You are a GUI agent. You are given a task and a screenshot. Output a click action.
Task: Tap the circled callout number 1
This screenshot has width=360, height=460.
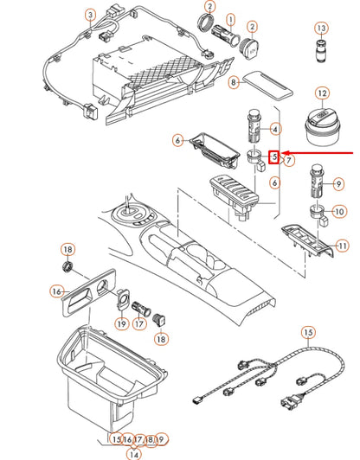coord(230,17)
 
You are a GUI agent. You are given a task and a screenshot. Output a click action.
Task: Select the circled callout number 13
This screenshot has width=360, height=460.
coord(321,29)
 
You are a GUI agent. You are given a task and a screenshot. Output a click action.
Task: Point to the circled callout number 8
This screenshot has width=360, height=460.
coord(234,82)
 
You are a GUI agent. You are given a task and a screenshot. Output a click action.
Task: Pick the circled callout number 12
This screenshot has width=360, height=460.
coord(322,93)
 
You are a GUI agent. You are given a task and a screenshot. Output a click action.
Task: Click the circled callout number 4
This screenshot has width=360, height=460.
coord(275,130)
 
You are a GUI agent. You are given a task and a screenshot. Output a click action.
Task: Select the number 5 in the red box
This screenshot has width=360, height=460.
coord(275,157)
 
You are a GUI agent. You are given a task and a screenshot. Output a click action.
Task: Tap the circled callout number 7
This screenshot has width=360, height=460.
coord(289,161)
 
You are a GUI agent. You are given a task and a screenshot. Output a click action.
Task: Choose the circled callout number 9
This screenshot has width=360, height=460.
coord(338,183)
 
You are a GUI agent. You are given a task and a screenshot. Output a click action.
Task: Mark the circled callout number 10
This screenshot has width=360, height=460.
coord(338,211)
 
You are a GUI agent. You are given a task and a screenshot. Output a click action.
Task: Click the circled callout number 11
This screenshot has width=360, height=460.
coord(342,246)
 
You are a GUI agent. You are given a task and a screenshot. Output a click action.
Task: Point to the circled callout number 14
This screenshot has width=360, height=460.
coord(133,453)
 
